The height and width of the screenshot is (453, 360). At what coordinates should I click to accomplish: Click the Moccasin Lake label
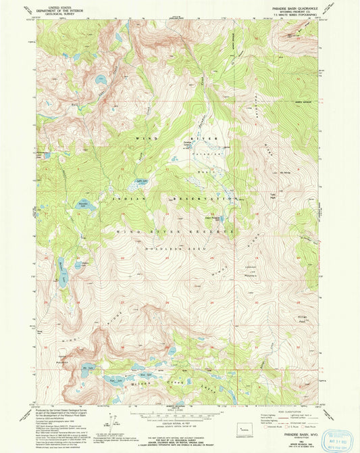point(84,201)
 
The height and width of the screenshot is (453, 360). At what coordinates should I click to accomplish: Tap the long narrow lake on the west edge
point(61,272)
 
